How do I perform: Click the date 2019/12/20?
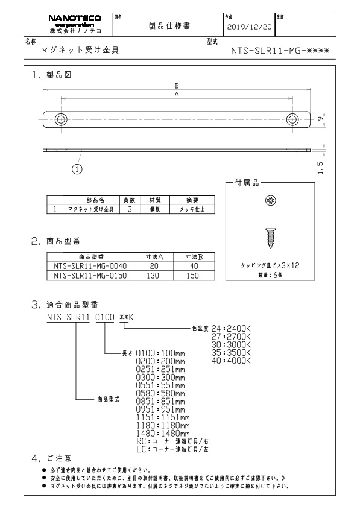pyautogui.click(x=248, y=28)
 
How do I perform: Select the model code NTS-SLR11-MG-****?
pyautogui.click(x=280, y=52)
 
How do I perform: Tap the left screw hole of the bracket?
pyautogui.click(x=61, y=118)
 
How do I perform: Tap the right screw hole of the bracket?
pyautogui.click(x=292, y=118)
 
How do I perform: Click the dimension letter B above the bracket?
pyautogui.click(x=176, y=86)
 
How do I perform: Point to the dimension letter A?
pyautogui.click(x=176, y=95)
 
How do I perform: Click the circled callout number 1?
pyautogui.click(x=77, y=169)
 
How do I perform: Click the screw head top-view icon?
pyautogui.click(x=270, y=200)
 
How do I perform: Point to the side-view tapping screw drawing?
pyautogui.click(x=270, y=237)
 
